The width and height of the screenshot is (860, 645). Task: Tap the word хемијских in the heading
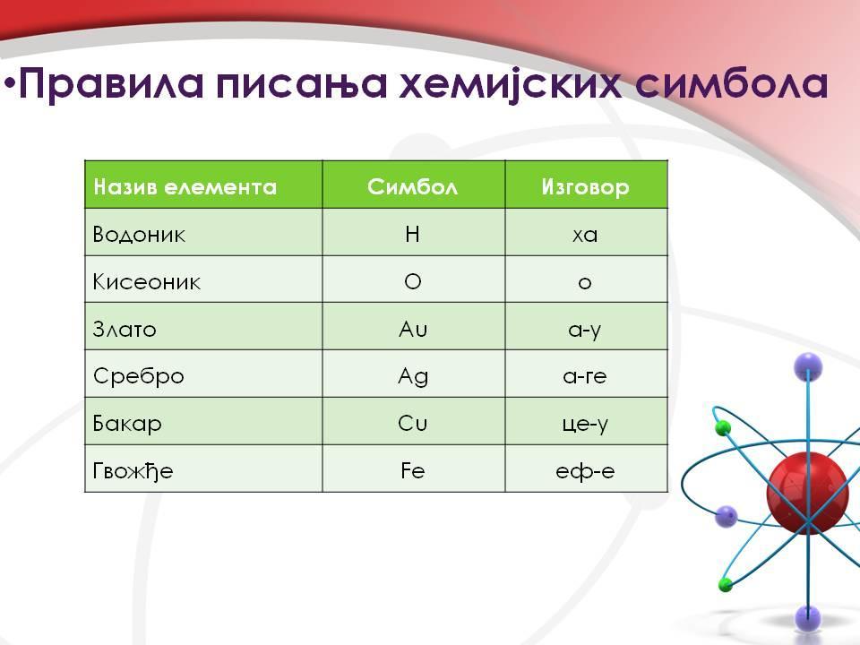click(511, 84)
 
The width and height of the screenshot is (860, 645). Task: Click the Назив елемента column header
click(185, 187)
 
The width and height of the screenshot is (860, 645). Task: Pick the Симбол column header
click(412, 187)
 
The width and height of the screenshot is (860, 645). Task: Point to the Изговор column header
click(585, 187)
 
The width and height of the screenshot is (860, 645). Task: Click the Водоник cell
click(139, 234)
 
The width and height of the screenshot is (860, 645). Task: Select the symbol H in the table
click(412, 234)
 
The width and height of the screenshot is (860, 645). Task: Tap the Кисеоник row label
click(146, 282)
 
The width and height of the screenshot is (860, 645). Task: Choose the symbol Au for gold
click(413, 329)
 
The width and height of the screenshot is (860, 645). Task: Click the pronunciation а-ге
click(585, 376)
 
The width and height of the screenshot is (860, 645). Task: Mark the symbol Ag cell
click(413, 377)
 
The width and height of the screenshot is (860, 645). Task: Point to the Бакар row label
click(127, 424)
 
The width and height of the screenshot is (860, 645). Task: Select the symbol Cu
click(412, 424)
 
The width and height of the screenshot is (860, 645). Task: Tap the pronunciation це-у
click(585, 425)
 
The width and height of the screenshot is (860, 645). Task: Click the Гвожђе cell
click(133, 471)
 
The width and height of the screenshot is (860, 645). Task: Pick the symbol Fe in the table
click(412, 470)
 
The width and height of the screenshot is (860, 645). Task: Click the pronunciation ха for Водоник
click(585, 236)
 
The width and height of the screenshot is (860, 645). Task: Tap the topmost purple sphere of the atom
click(808, 367)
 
